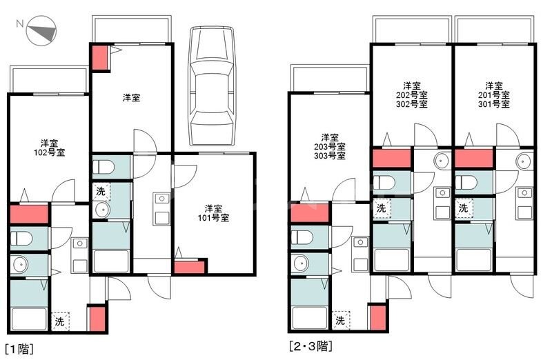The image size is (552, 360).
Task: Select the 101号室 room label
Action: [213, 217]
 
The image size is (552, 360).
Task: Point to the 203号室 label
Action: [329, 146]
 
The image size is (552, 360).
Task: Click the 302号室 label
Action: [411, 105]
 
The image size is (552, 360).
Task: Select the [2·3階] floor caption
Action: [315, 345]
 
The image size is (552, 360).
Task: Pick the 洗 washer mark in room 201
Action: [464, 208]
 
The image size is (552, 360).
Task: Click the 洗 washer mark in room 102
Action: [60, 321]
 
